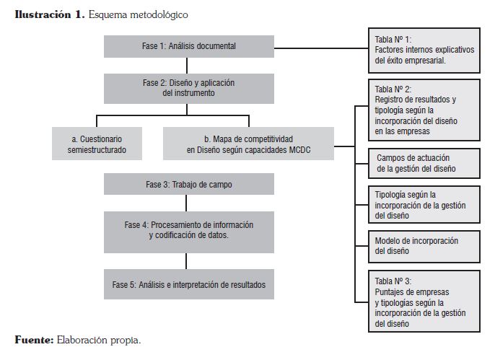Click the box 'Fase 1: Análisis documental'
(x=189, y=47)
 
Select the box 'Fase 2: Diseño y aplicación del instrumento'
(x=189, y=88)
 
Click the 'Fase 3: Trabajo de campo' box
(x=189, y=184)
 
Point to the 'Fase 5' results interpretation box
(x=189, y=284)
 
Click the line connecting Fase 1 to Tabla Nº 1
(x=321, y=48)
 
